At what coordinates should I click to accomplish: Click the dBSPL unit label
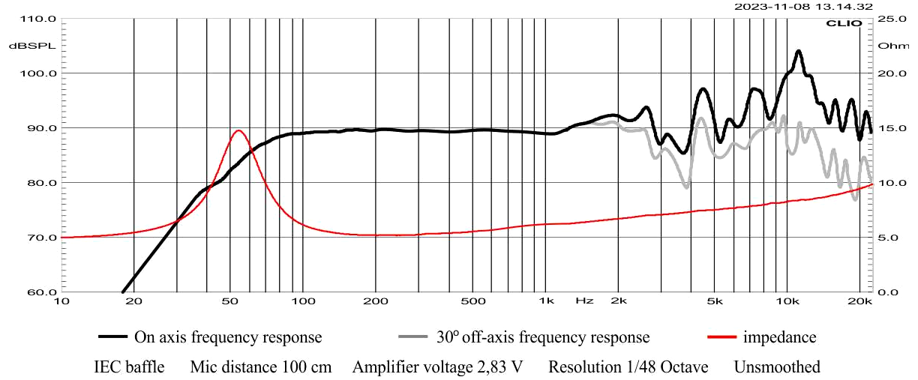point(23,46)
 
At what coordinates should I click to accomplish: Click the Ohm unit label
point(892,46)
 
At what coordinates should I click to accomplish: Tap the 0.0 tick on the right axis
point(888,292)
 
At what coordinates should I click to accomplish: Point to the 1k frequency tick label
point(546,301)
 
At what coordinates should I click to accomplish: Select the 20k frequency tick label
point(859,301)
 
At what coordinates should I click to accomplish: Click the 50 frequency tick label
point(229,301)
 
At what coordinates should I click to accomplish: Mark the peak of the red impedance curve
point(238,130)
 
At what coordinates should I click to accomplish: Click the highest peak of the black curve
point(798,51)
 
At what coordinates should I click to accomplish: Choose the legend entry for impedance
point(761,337)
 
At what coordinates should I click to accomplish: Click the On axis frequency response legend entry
point(209,337)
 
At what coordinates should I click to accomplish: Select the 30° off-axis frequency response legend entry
point(524,337)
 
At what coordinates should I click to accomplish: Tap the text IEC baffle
point(129,367)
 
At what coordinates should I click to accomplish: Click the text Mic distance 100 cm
point(261,367)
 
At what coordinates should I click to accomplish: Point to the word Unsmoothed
point(777,367)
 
